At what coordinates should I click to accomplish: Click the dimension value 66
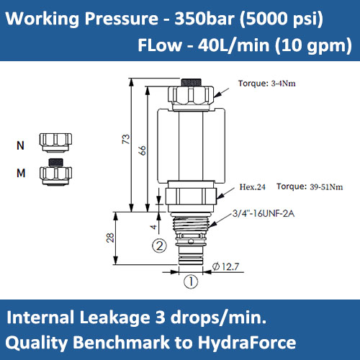point(142,150)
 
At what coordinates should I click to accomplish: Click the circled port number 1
point(190,282)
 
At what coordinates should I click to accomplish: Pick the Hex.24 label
point(253,187)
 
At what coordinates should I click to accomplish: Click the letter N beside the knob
point(19,145)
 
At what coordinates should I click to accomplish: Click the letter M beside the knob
point(19,172)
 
